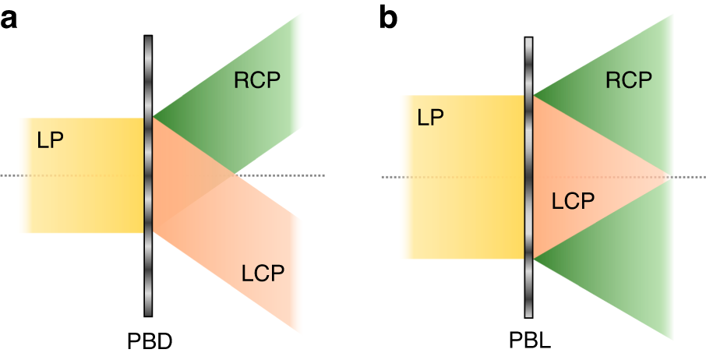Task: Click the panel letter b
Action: [x=388, y=17]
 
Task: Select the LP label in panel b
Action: [x=431, y=118]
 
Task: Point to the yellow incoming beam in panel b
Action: [x=468, y=218]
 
